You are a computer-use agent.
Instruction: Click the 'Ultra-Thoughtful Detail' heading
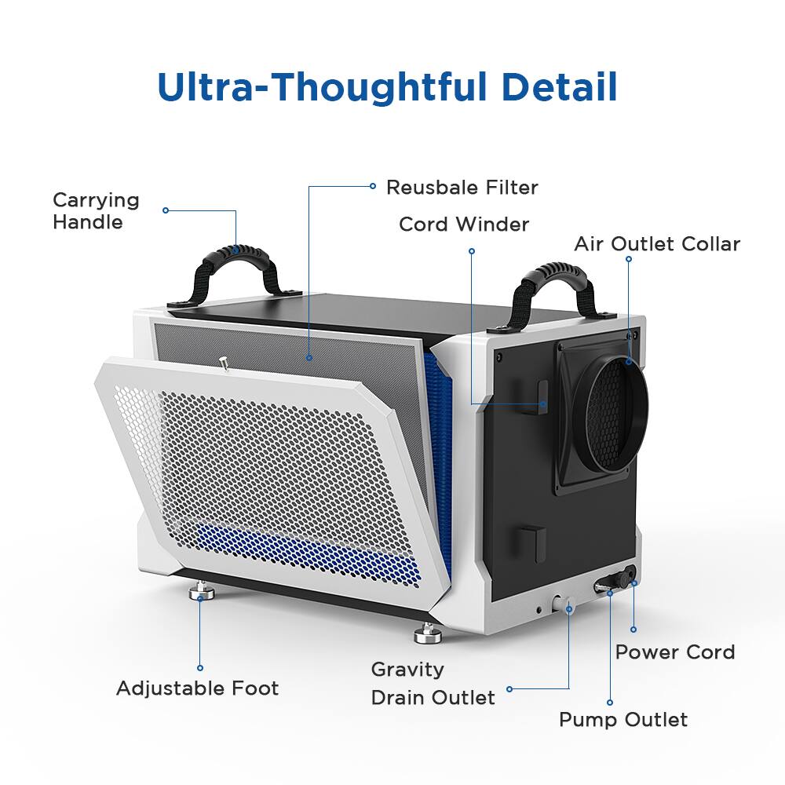(x=387, y=88)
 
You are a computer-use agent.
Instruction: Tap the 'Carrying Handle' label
(x=96, y=210)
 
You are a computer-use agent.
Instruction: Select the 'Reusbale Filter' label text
(x=462, y=188)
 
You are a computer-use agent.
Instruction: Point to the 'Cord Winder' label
(x=464, y=225)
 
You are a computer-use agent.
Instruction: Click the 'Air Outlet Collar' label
(x=657, y=244)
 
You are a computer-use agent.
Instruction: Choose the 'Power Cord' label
(x=675, y=652)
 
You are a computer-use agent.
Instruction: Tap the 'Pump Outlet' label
(x=623, y=720)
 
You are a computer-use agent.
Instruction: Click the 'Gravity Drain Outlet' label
(x=433, y=684)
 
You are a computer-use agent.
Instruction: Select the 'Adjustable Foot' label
(x=197, y=688)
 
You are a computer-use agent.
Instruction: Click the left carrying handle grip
(x=235, y=253)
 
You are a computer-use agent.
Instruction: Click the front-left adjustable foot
(x=202, y=591)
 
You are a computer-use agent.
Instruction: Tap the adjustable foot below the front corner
(x=428, y=633)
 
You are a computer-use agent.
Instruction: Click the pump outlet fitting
(x=608, y=586)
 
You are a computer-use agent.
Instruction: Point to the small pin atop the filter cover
(x=225, y=364)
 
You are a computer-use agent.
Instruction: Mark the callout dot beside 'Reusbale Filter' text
(x=372, y=186)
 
